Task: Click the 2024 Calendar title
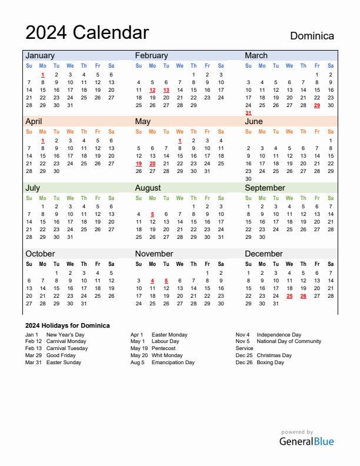[87, 32]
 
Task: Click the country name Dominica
[312, 36]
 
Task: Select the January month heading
[39, 55]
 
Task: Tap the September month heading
[265, 188]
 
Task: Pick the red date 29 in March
[317, 105]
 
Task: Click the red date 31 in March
[248, 113]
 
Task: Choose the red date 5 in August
[152, 214]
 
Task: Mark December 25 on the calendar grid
[289, 296]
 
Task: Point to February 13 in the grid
[166, 90]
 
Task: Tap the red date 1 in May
[179, 141]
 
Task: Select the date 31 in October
[84, 304]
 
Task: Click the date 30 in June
[248, 179]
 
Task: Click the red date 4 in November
[152, 281]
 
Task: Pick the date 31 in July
[70, 237]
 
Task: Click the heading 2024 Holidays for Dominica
[67, 325]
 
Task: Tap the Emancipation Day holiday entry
[173, 362]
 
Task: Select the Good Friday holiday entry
[61, 355]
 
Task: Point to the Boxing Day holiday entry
[270, 362]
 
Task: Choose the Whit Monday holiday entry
[167, 355]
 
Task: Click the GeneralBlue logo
[306, 441]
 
